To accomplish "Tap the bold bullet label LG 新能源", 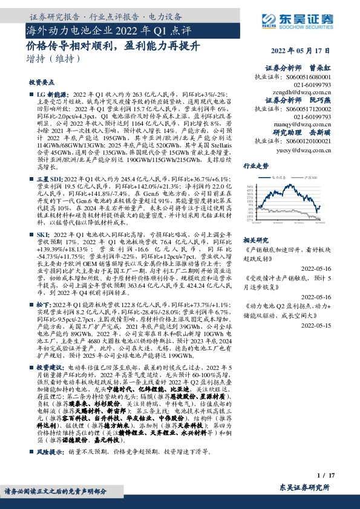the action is pos(51,96).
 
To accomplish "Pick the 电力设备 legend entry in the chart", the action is pos(280,178).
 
